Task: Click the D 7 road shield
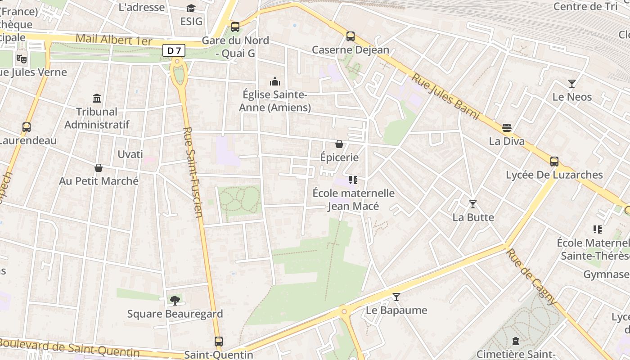tap(174, 51)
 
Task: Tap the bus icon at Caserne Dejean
tap(351, 36)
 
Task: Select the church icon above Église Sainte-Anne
tap(274, 81)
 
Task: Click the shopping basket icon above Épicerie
tap(339, 144)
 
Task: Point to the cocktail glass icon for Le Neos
tap(571, 83)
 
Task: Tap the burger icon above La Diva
tap(507, 128)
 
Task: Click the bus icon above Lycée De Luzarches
tap(554, 162)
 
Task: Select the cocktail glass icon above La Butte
tap(473, 204)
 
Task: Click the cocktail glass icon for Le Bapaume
tap(396, 297)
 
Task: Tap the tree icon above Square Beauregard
tap(175, 300)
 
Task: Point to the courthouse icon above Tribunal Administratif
tap(97, 98)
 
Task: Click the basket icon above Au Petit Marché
tap(99, 168)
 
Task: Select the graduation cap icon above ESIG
tap(191, 9)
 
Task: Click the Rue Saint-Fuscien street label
tap(194, 178)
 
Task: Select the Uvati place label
tap(130, 154)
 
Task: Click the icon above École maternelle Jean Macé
tap(353, 180)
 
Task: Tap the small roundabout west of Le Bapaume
tap(344, 311)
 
